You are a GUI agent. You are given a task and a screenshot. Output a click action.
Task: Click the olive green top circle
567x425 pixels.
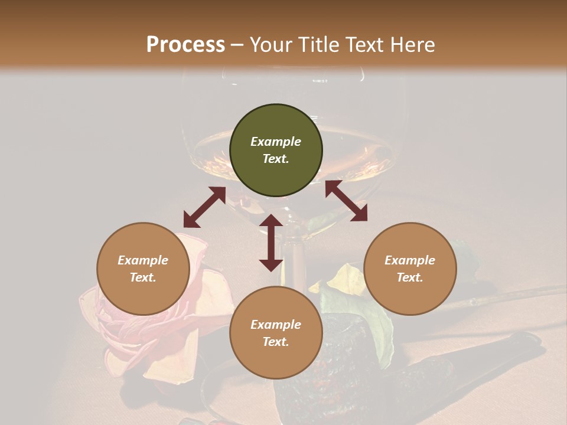click(276, 151)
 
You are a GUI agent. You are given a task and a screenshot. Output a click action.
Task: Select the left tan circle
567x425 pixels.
click(143, 269)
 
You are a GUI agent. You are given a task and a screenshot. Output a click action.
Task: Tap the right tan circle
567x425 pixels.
click(409, 269)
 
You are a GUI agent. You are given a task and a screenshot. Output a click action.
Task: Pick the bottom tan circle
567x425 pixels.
click(276, 333)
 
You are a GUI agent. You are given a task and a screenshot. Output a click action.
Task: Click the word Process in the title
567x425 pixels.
click(185, 45)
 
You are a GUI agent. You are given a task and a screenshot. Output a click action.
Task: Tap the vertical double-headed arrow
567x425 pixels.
click(271, 243)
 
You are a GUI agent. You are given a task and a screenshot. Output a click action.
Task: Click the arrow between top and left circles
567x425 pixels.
click(204, 207)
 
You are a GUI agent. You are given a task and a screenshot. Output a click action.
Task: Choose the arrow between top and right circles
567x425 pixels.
click(346, 201)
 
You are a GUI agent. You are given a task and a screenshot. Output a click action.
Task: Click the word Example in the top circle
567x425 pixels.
click(276, 142)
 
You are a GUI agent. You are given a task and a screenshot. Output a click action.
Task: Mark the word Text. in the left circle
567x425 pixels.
click(143, 277)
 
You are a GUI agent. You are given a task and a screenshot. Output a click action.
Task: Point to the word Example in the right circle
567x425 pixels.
click(409, 260)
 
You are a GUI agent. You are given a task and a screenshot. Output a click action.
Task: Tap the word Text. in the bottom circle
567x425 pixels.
click(276, 342)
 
